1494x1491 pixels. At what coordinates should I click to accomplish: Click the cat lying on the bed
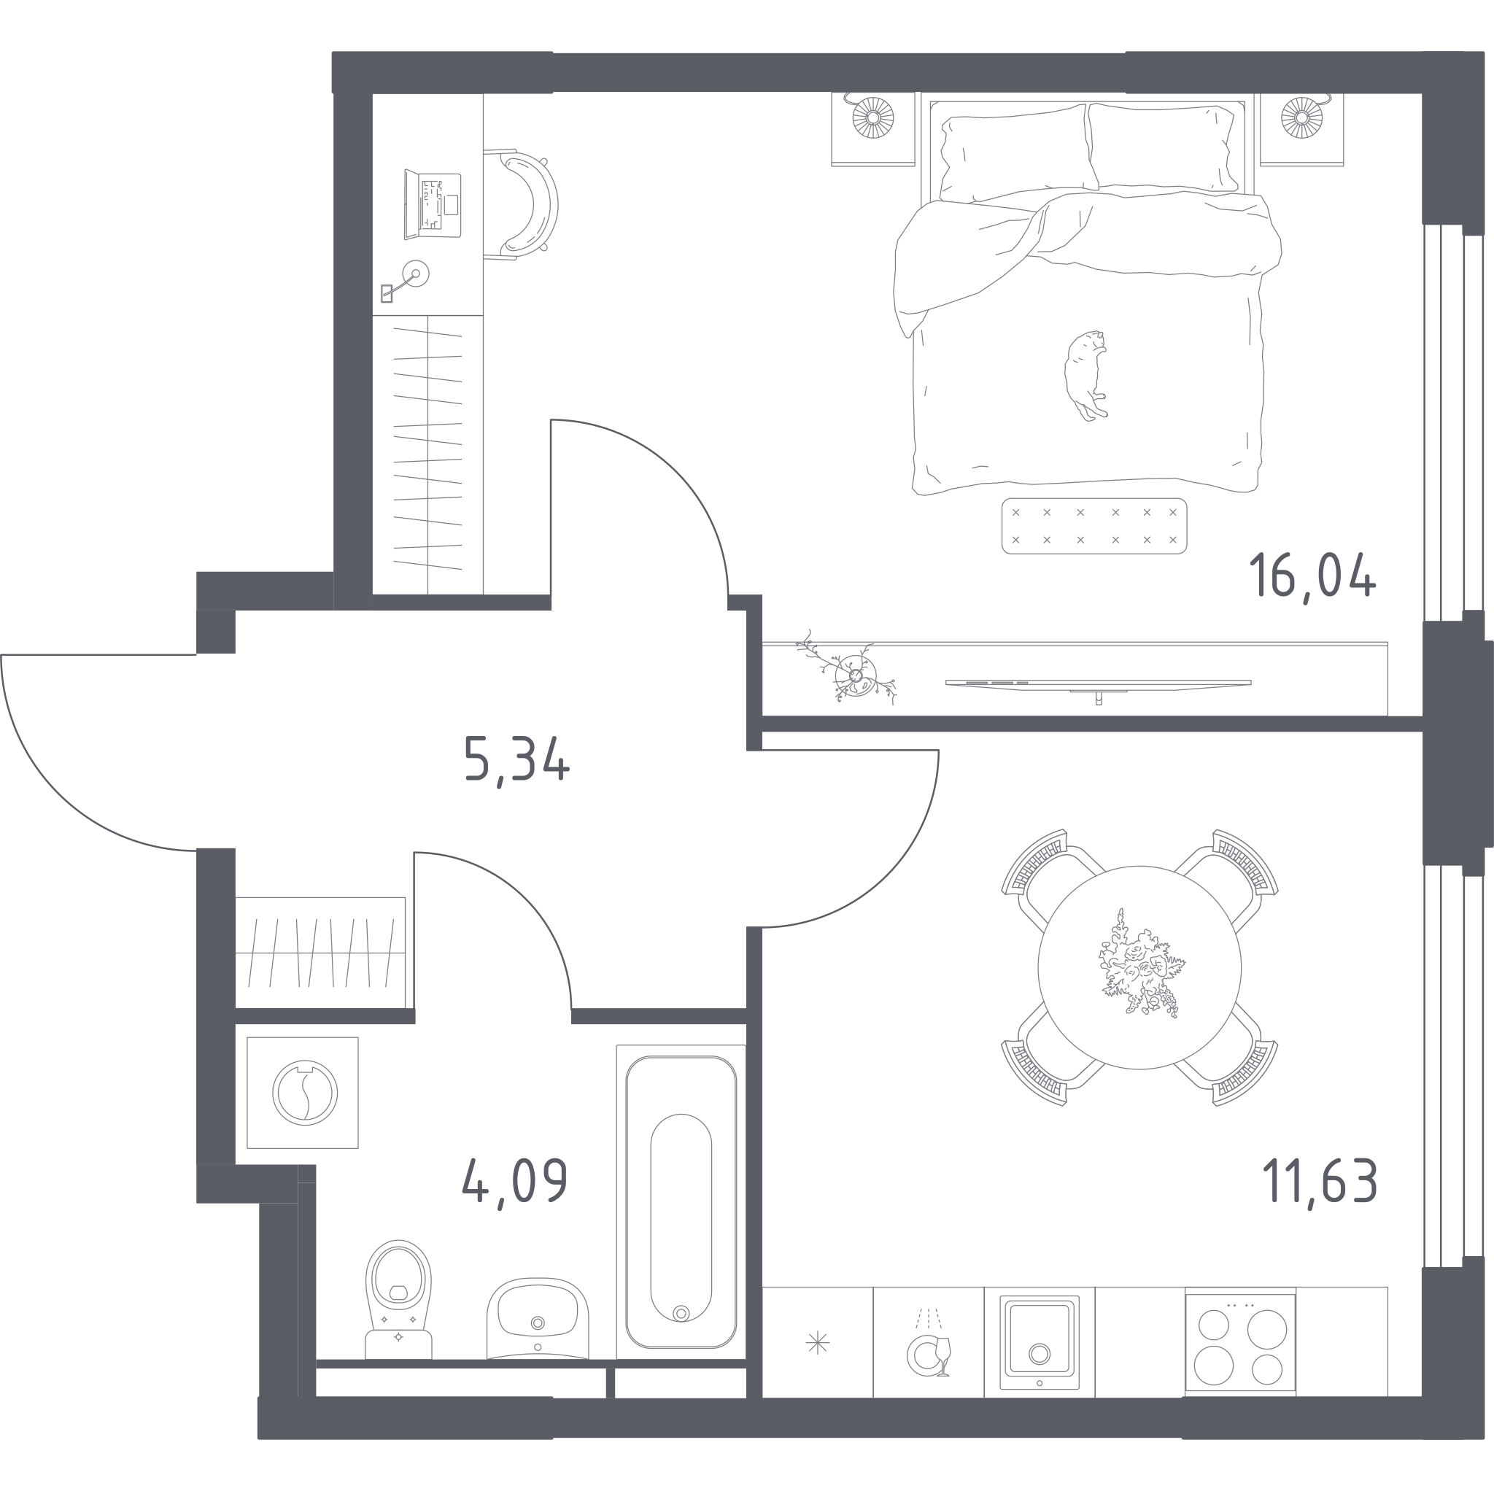[1085, 376]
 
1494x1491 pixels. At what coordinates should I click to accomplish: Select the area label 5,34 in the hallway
[516, 760]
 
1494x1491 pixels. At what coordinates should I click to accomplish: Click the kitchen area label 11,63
[1319, 1180]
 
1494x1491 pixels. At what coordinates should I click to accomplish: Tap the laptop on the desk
[433, 205]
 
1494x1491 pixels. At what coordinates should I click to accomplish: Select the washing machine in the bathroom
[302, 1092]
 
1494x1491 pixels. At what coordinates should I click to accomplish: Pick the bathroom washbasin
[538, 1319]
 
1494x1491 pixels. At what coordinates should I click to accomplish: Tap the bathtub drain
[681, 1312]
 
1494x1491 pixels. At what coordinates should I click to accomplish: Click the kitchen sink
[1039, 1342]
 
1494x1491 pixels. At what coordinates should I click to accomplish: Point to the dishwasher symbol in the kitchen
[928, 1347]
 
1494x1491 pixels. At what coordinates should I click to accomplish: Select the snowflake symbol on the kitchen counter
[817, 1342]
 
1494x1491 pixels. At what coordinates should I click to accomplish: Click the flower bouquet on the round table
[1141, 964]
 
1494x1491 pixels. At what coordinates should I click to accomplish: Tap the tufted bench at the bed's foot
[1094, 526]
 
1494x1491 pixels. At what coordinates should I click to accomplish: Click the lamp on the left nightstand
[872, 117]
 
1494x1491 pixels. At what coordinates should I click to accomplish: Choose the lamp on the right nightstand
[1302, 117]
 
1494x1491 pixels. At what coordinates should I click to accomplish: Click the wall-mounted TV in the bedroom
[1098, 684]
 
